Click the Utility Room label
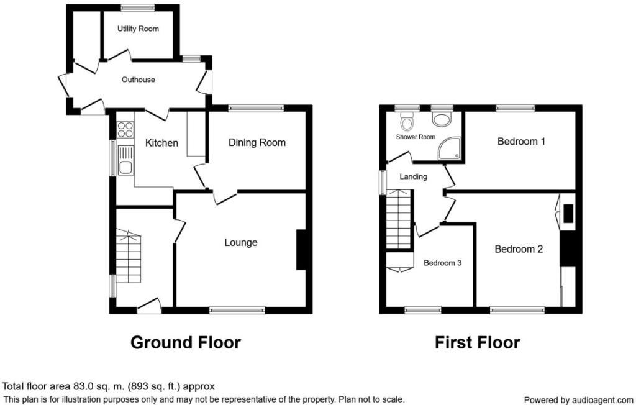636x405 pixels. [138, 29]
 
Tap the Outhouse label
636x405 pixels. [139, 80]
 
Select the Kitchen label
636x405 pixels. [161, 143]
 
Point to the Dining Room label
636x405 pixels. [257, 142]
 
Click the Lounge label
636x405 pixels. [241, 243]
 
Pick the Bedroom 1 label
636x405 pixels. [521, 142]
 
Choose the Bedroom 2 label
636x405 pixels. [519, 249]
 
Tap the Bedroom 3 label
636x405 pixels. [442, 263]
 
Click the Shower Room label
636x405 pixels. [416, 137]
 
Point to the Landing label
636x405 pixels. [413, 176]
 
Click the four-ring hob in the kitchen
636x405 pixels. [125, 129]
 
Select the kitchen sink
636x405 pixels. [125, 161]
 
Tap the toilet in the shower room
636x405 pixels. [406, 120]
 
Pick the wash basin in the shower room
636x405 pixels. [442, 119]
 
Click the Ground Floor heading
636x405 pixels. [185, 342]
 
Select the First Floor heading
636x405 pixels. [478, 342]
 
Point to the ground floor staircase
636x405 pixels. [129, 256]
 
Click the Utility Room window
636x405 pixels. [137, 7]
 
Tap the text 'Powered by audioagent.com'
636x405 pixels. [578, 400]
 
